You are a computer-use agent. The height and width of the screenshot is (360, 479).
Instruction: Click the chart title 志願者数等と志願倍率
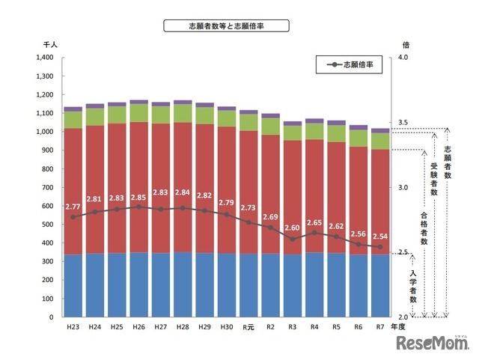click(x=226, y=26)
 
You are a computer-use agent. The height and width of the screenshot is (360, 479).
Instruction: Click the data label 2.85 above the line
click(x=138, y=198)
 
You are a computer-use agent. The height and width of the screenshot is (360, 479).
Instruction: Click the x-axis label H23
click(x=73, y=327)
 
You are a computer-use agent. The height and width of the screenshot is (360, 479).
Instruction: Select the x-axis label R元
click(x=248, y=327)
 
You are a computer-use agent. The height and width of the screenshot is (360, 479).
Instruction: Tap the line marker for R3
click(x=292, y=239)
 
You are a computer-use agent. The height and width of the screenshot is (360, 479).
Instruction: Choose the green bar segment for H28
click(x=182, y=113)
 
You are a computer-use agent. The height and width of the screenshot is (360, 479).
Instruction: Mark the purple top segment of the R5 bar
click(x=336, y=123)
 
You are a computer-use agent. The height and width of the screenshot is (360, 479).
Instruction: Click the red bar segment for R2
click(x=270, y=195)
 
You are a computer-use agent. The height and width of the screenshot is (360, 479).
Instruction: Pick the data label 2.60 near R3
click(x=293, y=228)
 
